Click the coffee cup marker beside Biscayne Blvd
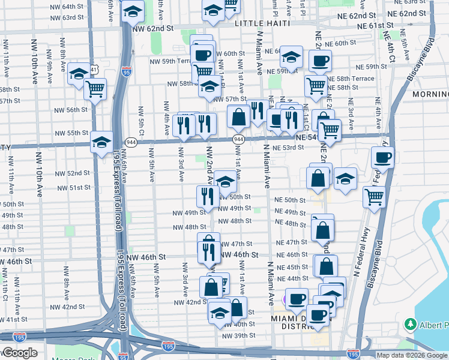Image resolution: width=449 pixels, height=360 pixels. (x=382, y=158)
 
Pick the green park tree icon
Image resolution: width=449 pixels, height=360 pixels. (x=411, y=324)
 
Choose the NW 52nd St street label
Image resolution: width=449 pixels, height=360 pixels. (x=71, y=173)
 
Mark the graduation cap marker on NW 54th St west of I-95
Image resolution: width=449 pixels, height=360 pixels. (x=101, y=142)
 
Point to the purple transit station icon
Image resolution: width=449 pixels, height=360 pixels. (x=286, y=299)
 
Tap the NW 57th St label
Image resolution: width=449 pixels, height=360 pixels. (x=230, y=99)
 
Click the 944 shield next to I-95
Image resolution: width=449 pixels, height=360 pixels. (x=129, y=142)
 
